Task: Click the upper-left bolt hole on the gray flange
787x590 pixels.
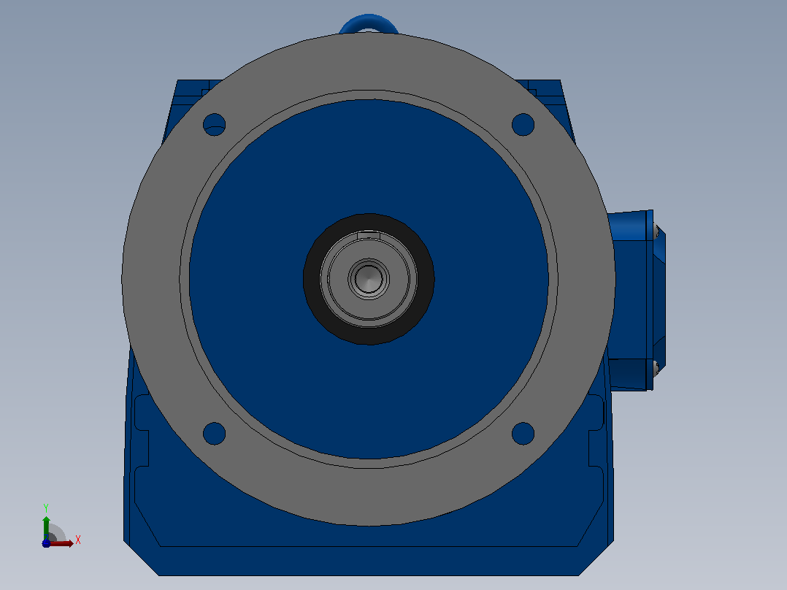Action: (x=215, y=125)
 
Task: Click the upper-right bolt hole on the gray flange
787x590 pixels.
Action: (x=523, y=125)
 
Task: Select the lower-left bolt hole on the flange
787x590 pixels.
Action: (x=215, y=433)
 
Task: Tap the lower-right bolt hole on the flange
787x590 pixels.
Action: (x=523, y=433)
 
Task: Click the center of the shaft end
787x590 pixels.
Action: (x=369, y=279)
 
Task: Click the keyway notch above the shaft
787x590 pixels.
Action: (x=369, y=234)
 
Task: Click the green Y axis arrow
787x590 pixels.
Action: (x=46, y=527)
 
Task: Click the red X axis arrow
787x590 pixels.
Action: (x=60, y=543)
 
